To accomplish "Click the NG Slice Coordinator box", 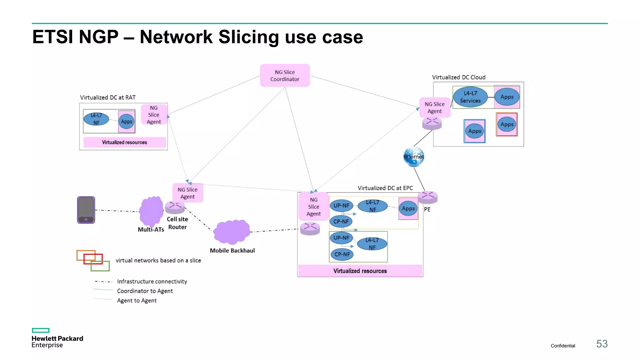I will pyautogui.click(x=285, y=76).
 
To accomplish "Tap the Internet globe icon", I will pyautogui.click(x=413, y=157).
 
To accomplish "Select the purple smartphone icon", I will pyautogui.click(x=86, y=210).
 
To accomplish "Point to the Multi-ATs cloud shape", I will pyautogui.click(x=151, y=211).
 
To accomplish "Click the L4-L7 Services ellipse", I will pyautogui.click(x=470, y=97).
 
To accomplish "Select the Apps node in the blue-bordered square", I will pyautogui.click(x=474, y=131).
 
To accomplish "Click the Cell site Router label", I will pyautogui.click(x=177, y=223).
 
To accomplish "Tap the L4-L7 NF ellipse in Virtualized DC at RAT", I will pyautogui.click(x=96, y=119).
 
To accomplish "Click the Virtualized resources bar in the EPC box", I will pyautogui.click(x=360, y=271).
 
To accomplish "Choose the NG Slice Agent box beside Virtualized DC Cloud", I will pyautogui.click(x=434, y=107).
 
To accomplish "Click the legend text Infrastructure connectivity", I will pyautogui.click(x=152, y=282).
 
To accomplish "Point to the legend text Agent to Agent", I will pyautogui.click(x=137, y=301).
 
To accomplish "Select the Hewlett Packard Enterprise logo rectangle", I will pyautogui.click(x=41, y=330).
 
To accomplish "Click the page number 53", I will pyautogui.click(x=602, y=344).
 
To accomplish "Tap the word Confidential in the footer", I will pyautogui.click(x=562, y=346).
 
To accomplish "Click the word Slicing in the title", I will pyautogui.click(x=248, y=37).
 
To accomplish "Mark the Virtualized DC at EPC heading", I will pyautogui.click(x=385, y=188).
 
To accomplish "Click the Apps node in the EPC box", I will pyautogui.click(x=408, y=209).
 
